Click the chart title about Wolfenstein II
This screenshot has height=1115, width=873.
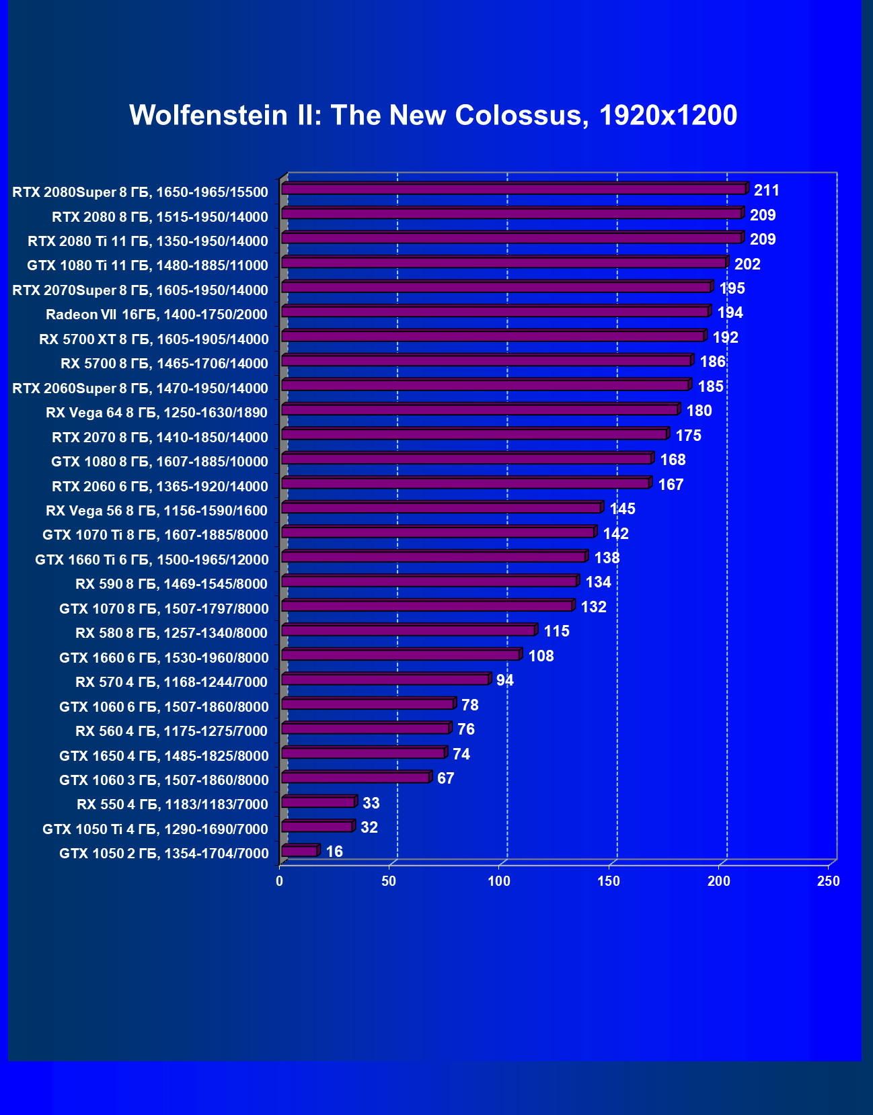point(433,116)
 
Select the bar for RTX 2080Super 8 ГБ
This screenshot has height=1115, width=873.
point(514,189)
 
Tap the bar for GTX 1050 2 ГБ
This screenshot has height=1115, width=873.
point(299,851)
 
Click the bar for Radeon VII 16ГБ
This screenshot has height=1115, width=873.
point(495,311)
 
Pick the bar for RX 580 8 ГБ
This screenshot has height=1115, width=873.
point(408,630)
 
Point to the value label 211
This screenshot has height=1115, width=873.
point(766,191)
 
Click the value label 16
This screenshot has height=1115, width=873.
point(334,852)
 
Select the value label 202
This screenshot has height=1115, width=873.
point(747,264)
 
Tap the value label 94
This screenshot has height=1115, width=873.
point(504,681)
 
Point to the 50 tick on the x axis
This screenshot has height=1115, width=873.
point(389,881)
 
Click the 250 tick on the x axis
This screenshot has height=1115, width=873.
point(828,881)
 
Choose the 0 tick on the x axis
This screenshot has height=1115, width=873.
point(280,881)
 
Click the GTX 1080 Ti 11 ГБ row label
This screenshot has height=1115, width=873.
point(147,265)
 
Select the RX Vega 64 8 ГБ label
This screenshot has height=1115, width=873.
point(157,413)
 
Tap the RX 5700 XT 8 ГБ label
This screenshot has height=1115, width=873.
point(153,339)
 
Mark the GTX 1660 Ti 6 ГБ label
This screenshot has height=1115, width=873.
point(152,560)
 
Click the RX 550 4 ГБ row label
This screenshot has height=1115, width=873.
point(172,804)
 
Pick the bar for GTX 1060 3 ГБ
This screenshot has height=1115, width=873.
point(356,778)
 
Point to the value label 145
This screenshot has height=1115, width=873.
point(622,509)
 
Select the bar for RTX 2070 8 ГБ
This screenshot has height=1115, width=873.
point(474,434)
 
